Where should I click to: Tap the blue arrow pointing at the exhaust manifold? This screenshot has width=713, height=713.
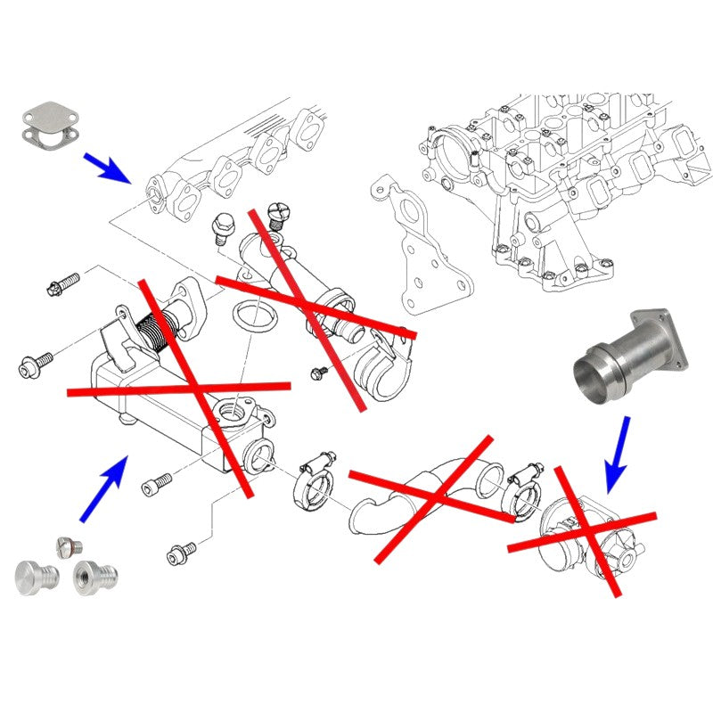coord(106,168)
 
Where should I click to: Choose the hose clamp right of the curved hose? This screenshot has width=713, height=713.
coord(523,486)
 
